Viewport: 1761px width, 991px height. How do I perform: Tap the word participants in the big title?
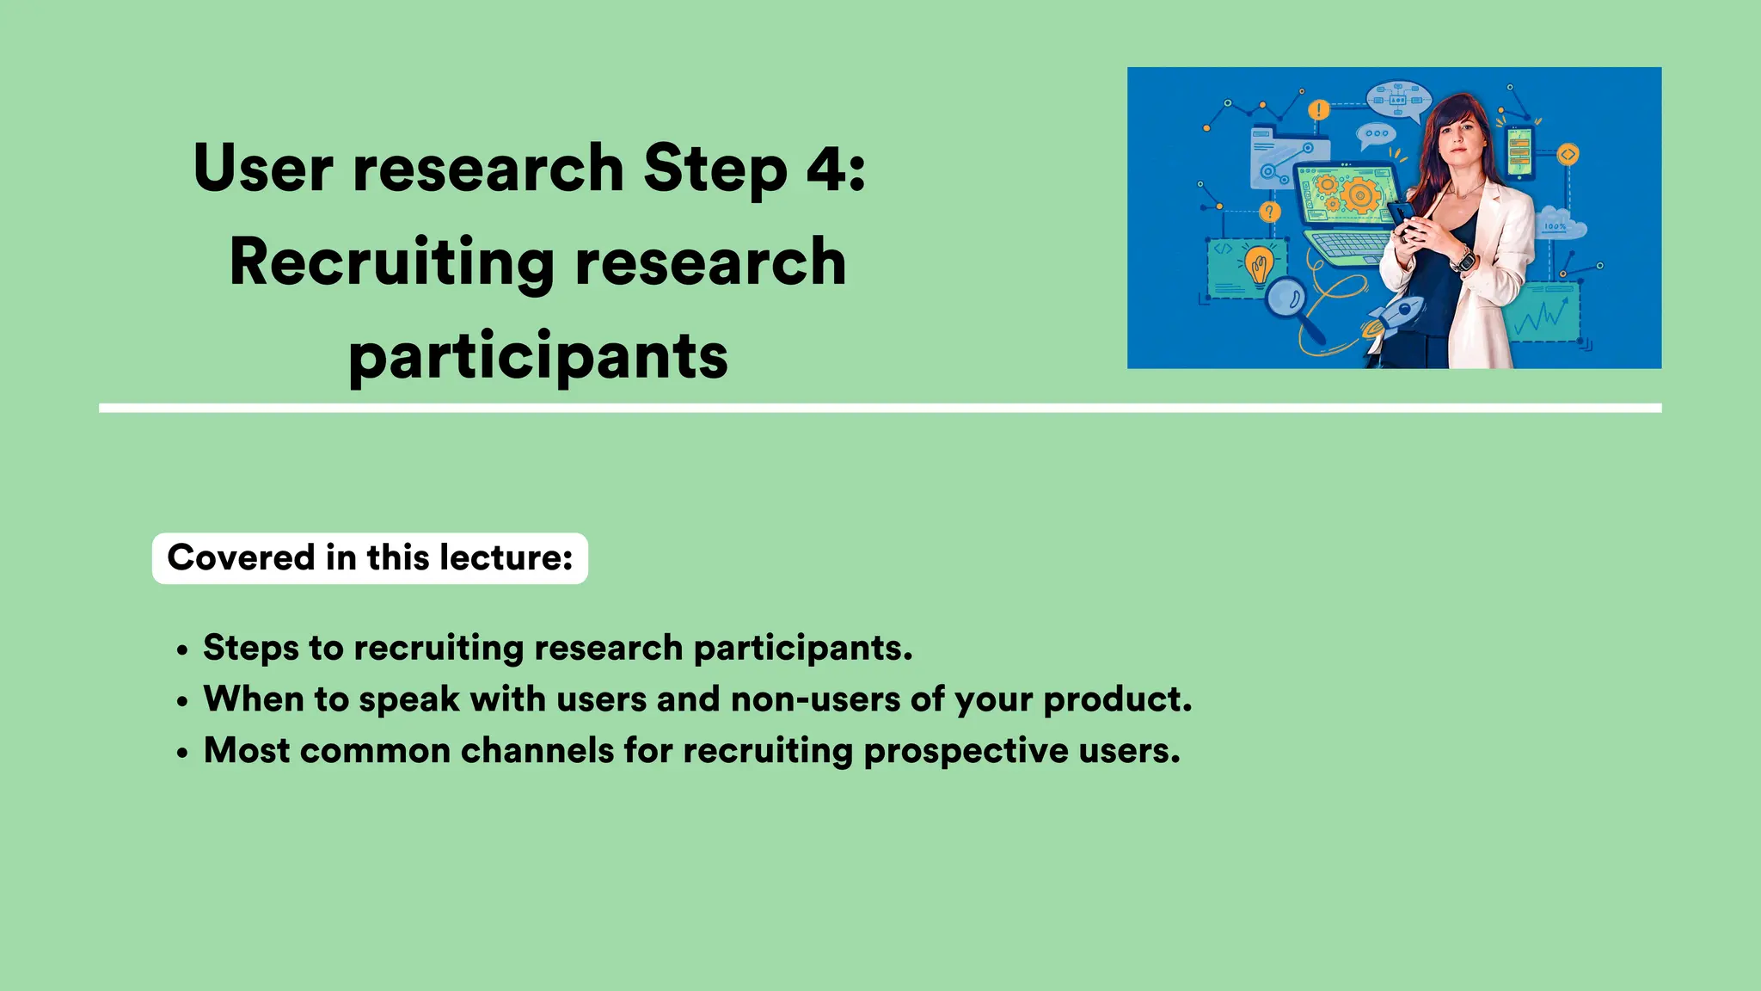[x=538, y=356]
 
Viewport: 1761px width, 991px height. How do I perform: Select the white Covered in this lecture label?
[x=370, y=558]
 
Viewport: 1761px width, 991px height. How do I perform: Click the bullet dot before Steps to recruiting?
[x=181, y=650]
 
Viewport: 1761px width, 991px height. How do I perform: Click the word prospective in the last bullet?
[x=966, y=751]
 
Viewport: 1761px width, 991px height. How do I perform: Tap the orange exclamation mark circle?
[x=1318, y=110]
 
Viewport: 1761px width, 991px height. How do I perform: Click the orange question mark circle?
[x=1270, y=212]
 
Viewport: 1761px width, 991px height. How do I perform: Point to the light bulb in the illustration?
[x=1260, y=264]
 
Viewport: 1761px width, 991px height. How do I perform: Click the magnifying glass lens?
[x=1286, y=298]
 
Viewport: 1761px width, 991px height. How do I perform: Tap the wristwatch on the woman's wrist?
[x=1463, y=258]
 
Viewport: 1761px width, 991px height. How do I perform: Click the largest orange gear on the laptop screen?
[x=1359, y=195]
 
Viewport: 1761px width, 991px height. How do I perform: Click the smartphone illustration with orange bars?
[x=1519, y=153]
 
